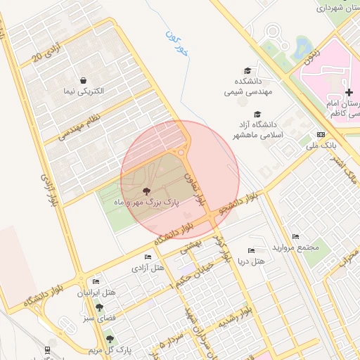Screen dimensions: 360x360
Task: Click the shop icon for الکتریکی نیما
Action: point(84,81)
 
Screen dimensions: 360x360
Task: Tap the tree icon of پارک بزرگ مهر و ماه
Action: point(146,191)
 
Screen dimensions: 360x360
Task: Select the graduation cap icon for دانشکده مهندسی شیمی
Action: point(247,70)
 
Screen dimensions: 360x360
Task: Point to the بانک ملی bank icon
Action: point(321,134)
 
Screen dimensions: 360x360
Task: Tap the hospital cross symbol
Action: point(349,92)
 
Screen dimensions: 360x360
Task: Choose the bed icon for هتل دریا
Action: point(252,251)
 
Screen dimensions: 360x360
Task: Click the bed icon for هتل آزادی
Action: point(147,257)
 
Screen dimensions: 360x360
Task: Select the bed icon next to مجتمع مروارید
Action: point(295,237)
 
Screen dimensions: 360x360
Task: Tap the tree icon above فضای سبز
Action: point(99,307)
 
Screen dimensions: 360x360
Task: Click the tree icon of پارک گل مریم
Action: point(108,340)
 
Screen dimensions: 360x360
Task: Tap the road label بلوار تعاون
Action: point(197,188)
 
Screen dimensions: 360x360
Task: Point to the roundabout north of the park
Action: point(181,151)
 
